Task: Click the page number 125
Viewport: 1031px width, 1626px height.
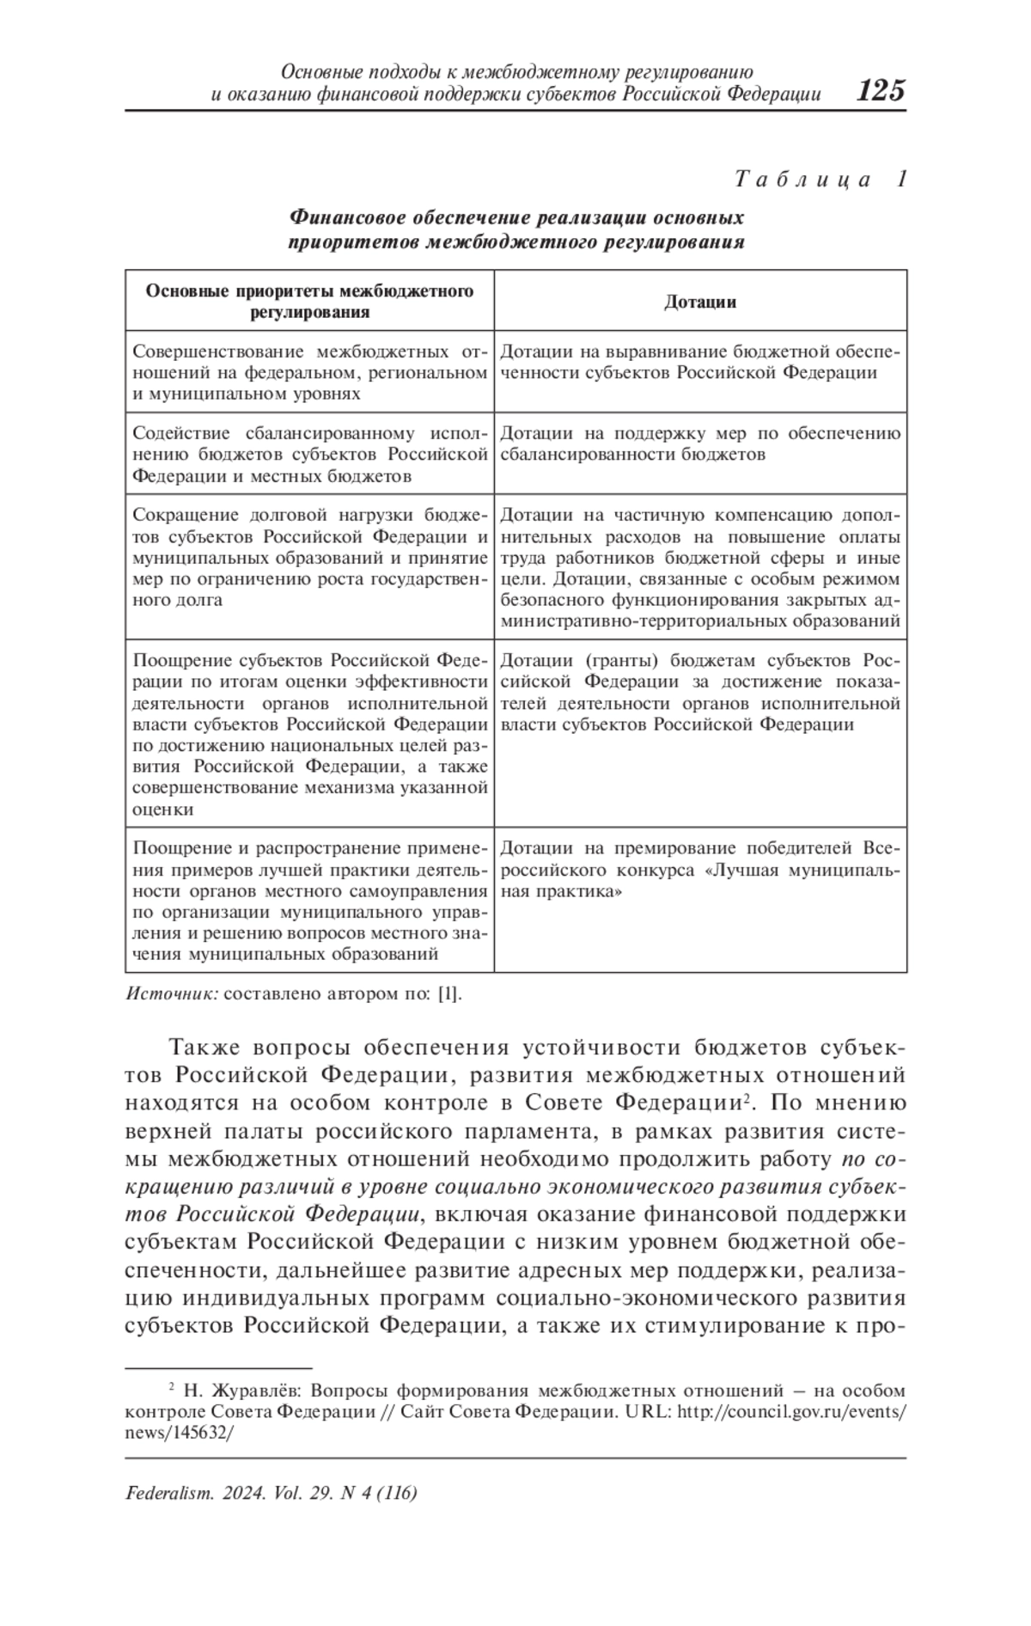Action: point(881,89)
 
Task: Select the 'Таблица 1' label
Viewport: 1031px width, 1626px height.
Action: point(821,180)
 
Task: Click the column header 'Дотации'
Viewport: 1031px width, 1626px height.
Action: point(700,302)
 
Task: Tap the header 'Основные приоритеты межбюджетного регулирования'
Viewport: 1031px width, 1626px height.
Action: point(309,301)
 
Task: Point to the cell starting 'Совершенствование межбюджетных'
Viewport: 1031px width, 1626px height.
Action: point(309,373)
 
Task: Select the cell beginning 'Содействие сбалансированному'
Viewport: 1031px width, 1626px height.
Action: point(309,455)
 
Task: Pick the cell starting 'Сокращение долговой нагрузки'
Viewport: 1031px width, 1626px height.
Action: point(309,557)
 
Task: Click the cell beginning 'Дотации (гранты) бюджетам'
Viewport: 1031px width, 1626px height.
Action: point(700,693)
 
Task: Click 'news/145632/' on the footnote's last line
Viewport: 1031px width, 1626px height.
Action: point(179,1433)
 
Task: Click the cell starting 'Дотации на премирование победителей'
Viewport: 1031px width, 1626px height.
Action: point(700,870)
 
